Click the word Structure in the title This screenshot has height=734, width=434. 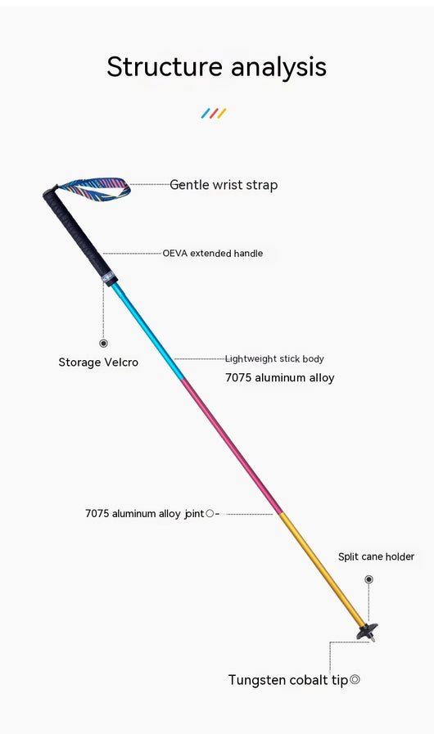click(x=165, y=66)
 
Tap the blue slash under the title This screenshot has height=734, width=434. click(x=206, y=113)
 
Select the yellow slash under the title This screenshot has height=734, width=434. click(x=222, y=113)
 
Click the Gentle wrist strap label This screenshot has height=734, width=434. click(x=224, y=185)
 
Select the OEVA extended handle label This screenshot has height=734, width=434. click(x=212, y=253)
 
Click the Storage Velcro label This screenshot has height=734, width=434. click(x=98, y=362)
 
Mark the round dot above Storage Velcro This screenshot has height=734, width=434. click(x=103, y=343)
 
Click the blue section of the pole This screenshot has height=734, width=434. click(x=147, y=331)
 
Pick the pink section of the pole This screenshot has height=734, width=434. click(x=231, y=446)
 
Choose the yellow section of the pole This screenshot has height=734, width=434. click(x=322, y=569)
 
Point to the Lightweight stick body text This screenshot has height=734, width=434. click(x=274, y=359)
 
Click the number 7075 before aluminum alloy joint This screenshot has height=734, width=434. click(x=97, y=514)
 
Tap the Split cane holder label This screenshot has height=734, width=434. click(x=377, y=556)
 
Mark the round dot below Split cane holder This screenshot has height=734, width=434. click(x=368, y=579)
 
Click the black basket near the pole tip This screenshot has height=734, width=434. click(x=367, y=631)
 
